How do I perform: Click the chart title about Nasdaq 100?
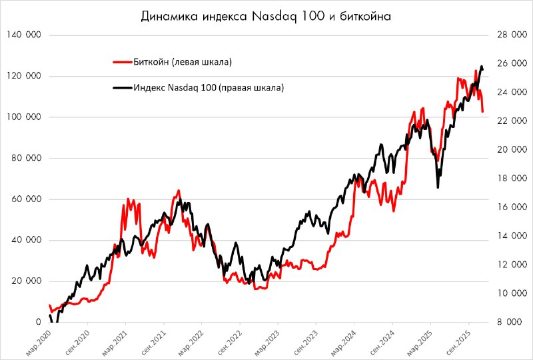tap(266, 17)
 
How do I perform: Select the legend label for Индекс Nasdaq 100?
tap(208, 87)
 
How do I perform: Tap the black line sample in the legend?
tap(123, 87)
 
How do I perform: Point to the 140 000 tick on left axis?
tap(24, 35)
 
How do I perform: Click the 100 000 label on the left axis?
tap(24, 117)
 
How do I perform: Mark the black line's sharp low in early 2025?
tap(438, 187)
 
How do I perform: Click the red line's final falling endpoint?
tap(483, 111)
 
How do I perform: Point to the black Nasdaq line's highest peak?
tap(481, 66)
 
